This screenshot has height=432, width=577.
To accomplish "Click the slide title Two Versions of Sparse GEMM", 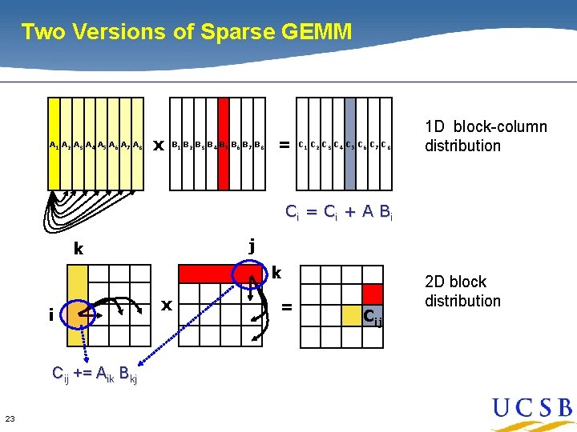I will coord(186,32).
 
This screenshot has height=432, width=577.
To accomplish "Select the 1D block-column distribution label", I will coord(486,136).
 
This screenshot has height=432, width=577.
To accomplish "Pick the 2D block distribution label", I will coord(462,291).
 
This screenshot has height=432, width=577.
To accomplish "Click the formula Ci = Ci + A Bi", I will coord(340,211).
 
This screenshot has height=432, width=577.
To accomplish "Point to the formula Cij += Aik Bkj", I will coord(94,373).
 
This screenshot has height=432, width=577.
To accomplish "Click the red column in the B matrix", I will coord(224,144).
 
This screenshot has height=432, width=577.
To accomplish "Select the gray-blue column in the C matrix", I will coord(350,144).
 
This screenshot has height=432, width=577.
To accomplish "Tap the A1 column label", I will coord(54,146).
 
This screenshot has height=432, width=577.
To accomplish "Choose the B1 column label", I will coord(176,146).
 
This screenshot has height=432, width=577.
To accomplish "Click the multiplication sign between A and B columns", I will coord(158,146).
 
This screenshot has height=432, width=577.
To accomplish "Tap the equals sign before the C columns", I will coord(283,145).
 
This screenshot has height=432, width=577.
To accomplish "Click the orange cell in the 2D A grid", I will coord(78,314).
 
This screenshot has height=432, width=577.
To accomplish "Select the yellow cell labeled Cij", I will coord(353,314).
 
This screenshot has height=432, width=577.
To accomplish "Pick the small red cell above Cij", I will coord(372,294).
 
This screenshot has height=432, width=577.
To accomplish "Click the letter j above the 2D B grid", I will coord(252,246).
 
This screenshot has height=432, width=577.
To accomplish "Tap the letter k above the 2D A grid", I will coord(78,248).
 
